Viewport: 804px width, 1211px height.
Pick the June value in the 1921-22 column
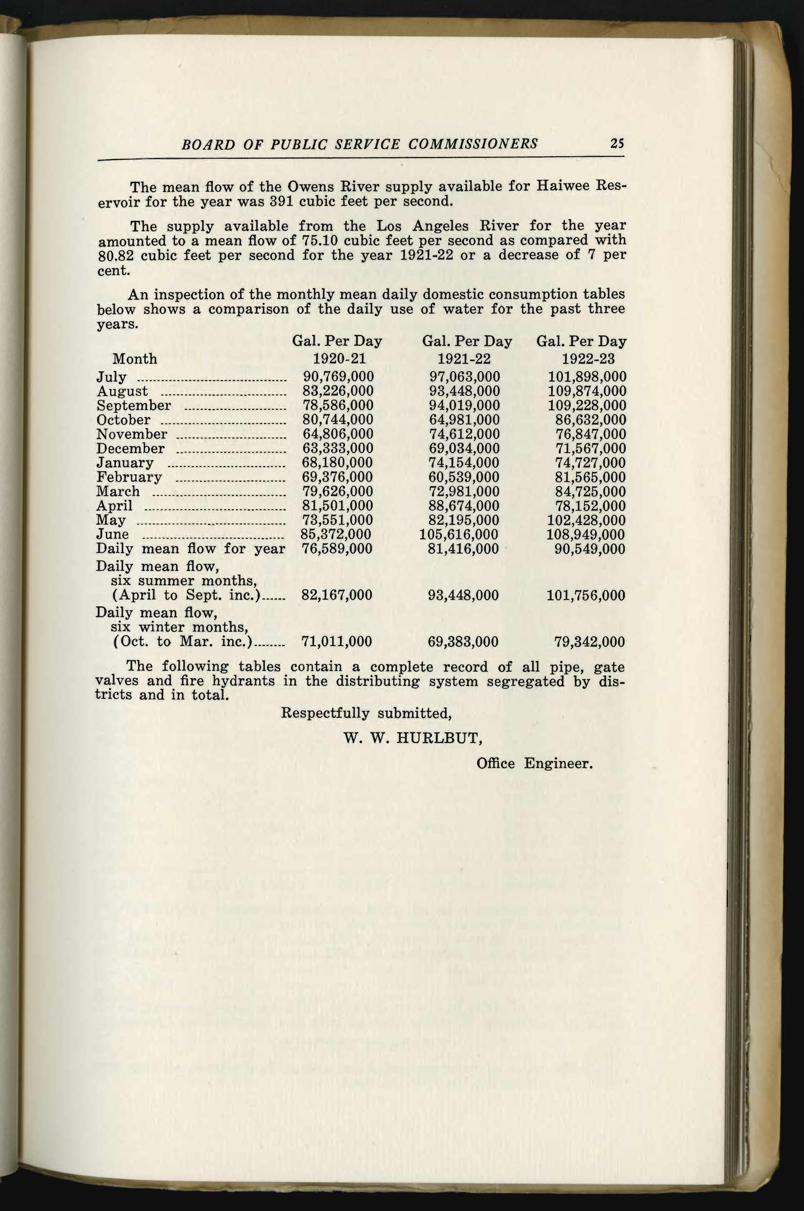coord(459,535)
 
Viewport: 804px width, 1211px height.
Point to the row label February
coord(129,477)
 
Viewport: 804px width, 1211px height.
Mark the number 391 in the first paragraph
coord(278,201)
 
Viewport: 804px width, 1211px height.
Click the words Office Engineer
coord(534,763)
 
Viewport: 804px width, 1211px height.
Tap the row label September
coord(134,406)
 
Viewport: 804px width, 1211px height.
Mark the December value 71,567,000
coord(591,449)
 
